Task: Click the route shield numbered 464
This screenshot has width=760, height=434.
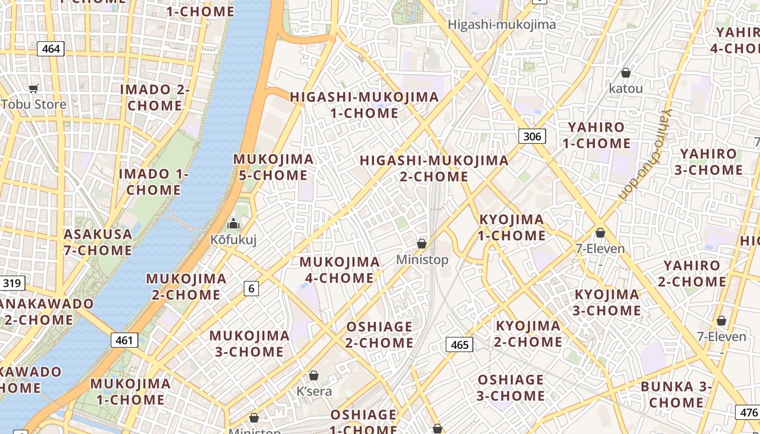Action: point(51,49)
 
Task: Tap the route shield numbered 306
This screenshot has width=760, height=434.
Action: point(532,136)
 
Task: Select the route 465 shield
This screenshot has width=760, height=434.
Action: point(459,344)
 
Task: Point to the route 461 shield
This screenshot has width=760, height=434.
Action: point(124,341)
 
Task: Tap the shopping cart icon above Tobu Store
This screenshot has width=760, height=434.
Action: point(34,88)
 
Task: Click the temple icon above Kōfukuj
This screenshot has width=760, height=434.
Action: point(233,223)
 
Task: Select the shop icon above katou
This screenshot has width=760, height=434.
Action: point(626,73)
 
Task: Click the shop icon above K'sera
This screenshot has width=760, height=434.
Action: point(314,375)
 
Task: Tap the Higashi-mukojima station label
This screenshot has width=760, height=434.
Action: point(502,24)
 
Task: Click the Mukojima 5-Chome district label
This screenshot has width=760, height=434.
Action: point(273,167)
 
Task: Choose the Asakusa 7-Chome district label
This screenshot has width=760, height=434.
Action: point(98,242)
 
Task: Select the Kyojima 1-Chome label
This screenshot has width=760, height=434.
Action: point(511,227)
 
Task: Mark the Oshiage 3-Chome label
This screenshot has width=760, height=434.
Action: point(511,387)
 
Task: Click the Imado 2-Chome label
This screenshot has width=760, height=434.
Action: point(155,98)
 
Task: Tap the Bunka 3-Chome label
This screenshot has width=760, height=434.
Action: point(676,394)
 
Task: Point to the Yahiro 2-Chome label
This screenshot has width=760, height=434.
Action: point(692,273)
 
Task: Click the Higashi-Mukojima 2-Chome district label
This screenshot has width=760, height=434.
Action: point(434,168)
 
